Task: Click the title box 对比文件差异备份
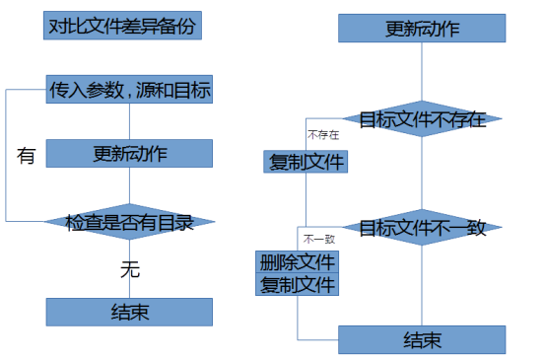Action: tap(122, 26)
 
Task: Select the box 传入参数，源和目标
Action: tap(129, 91)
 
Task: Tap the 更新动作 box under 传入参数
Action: tap(129, 154)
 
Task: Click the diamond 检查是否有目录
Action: tap(129, 221)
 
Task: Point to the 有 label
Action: tap(27, 155)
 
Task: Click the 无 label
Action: tap(129, 267)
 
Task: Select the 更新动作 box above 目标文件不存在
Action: tap(422, 28)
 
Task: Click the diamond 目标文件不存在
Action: tap(422, 119)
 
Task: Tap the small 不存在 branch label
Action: tap(322, 135)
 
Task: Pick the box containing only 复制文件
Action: tap(307, 162)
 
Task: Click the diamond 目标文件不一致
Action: tap(422, 227)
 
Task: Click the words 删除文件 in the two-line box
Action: tap(298, 263)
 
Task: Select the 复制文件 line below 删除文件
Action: tap(298, 285)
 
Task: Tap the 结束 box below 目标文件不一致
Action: tap(422, 339)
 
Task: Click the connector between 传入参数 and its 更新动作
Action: tap(129, 121)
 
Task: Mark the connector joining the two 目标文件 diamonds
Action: tap(422, 174)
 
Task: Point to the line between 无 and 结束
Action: tap(129, 289)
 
